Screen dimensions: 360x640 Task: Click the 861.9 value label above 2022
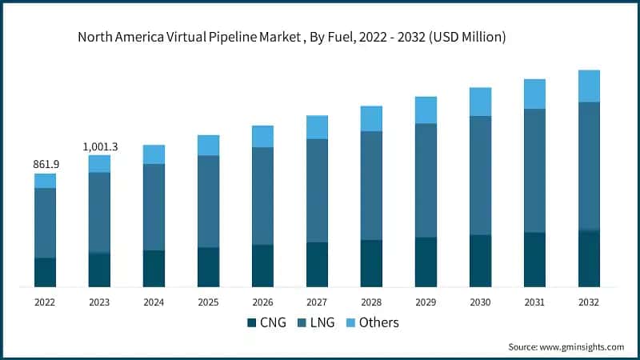pos(46,164)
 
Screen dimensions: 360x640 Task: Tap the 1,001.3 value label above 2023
pos(100,146)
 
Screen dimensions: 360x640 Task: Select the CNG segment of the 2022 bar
pos(46,272)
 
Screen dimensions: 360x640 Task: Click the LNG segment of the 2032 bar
pos(589,166)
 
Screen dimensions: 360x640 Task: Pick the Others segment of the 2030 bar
pos(480,102)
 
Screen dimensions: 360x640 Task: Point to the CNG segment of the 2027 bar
pos(317,264)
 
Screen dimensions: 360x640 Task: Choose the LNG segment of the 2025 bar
pos(208,201)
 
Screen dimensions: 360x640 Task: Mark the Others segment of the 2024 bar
pos(154,154)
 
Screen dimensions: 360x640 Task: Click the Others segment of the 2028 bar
pos(371,118)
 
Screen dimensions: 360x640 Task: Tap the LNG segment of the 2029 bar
pos(426,180)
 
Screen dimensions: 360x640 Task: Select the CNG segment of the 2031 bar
pos(534,259)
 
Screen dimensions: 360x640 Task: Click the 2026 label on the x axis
pos(262,302)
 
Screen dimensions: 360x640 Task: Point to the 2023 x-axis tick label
pos(99,302)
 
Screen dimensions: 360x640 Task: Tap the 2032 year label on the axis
pos(589,302)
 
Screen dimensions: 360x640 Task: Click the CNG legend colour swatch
pos(253,322)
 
